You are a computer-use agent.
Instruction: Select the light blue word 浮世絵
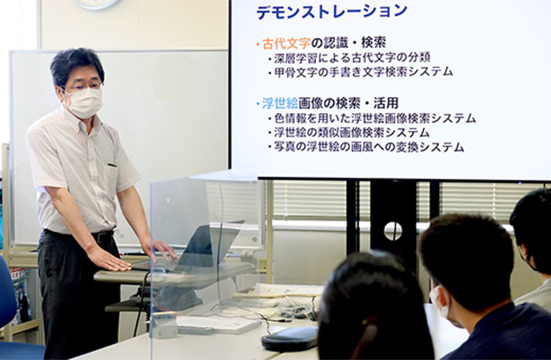pyautogui.click(x=280, y=103)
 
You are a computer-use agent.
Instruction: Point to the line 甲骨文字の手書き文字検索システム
pyautogui.click(x=363, y=72)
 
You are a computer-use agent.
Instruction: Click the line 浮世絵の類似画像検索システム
pyautogui.click(x=352, y=133)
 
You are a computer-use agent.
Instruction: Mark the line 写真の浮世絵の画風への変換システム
pyautogui.click(x=369, y=147)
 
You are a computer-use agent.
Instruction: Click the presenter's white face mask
pyautogui.click(x=84, y=102)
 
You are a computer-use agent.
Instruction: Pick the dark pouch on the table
pyautogui.click(x=290, y=338)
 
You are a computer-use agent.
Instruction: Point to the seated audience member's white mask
pyautogui.click(x=440, y=302)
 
